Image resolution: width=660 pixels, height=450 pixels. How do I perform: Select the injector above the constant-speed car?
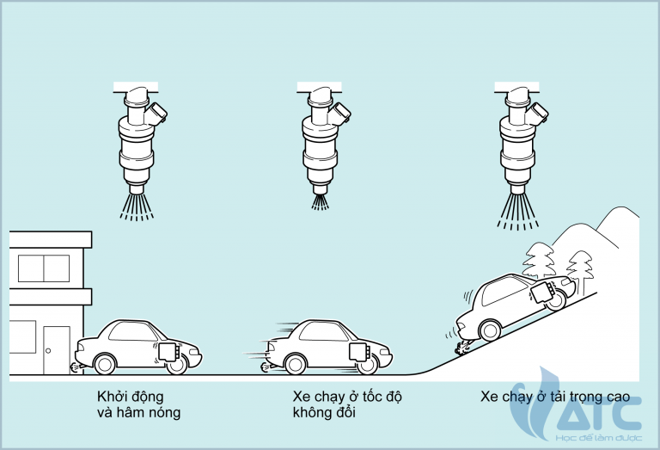[x=321, y=138]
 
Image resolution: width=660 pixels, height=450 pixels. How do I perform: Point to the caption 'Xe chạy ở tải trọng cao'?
[x=555, y=398]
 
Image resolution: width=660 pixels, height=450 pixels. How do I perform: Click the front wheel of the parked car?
[x=176, y=362]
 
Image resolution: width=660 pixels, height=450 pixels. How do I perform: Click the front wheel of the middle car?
[x=367, y=362]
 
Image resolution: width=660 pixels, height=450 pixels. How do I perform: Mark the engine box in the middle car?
[x=358, y=350]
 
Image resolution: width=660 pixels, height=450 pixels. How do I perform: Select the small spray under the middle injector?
[x=320, y=200]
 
